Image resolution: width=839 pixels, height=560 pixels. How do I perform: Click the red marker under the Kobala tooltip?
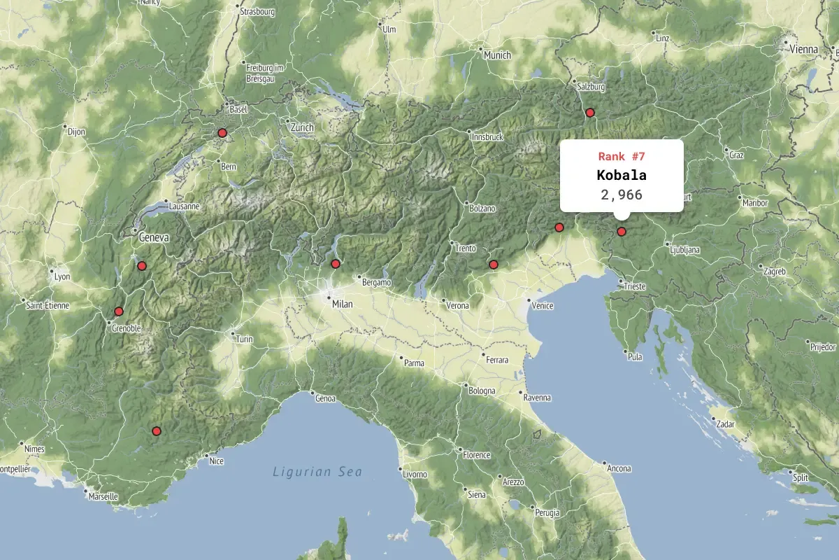click(x=621, y=232)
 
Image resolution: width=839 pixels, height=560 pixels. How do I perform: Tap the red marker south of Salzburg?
click(x=589, y=113)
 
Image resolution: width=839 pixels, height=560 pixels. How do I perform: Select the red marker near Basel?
click(x=222, y=133)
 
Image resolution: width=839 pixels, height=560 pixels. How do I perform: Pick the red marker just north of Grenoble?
click(x=118, y=311)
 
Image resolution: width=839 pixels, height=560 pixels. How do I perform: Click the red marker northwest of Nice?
click(x=156, y=431)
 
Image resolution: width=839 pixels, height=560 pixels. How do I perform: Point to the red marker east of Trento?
click(x=493, y=265)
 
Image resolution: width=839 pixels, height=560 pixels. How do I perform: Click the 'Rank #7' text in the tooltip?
click(x=621, y=156)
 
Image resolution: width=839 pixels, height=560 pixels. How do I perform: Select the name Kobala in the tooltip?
click(x=621, y=175)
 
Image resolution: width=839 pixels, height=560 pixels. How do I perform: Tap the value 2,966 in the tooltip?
click(x=621, y=195)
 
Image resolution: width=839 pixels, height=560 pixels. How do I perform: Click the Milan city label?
click(x=342, y=304)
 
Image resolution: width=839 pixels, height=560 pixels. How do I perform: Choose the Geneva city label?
click(x=154, y=237)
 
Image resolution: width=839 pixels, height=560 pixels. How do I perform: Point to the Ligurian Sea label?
click(x=317, y=472)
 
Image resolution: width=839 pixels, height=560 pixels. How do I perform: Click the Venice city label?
click(x=542, y=306)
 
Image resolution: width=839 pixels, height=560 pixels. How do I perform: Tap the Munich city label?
click(x=497, y=55)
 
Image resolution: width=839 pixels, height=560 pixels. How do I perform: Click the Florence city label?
click(x=476, y=455)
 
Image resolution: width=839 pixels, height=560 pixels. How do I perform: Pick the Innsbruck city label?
click(x=487, y=136)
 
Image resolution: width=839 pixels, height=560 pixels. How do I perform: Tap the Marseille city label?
click(x=103, y=496)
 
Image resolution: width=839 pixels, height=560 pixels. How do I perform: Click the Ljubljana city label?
click(x=684, y=249)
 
